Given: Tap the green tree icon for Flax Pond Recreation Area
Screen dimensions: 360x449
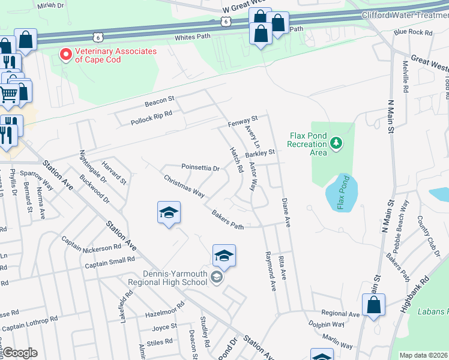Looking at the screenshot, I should [x=337, y=143].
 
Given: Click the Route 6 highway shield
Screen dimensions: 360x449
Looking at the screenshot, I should [x=225, y=21].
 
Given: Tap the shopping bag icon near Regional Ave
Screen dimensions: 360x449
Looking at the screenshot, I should [x=373, y=305].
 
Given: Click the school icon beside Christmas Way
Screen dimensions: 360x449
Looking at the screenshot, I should [x=169, y=212].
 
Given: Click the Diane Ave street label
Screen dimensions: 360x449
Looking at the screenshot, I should [x=286, y=213].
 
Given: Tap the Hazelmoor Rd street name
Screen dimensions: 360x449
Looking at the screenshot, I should [x=164, y=314].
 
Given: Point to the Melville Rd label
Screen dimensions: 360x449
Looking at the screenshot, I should [x=406, y=77].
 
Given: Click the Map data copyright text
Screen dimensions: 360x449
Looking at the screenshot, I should [x=423, y=355].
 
